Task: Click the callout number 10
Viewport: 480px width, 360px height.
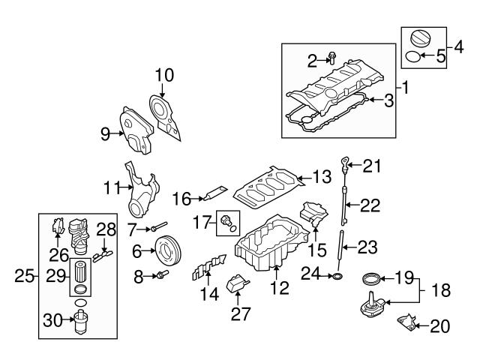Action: point(164,75)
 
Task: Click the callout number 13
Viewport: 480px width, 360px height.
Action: point(322,178)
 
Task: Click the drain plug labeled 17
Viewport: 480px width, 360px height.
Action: point(226,219)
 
